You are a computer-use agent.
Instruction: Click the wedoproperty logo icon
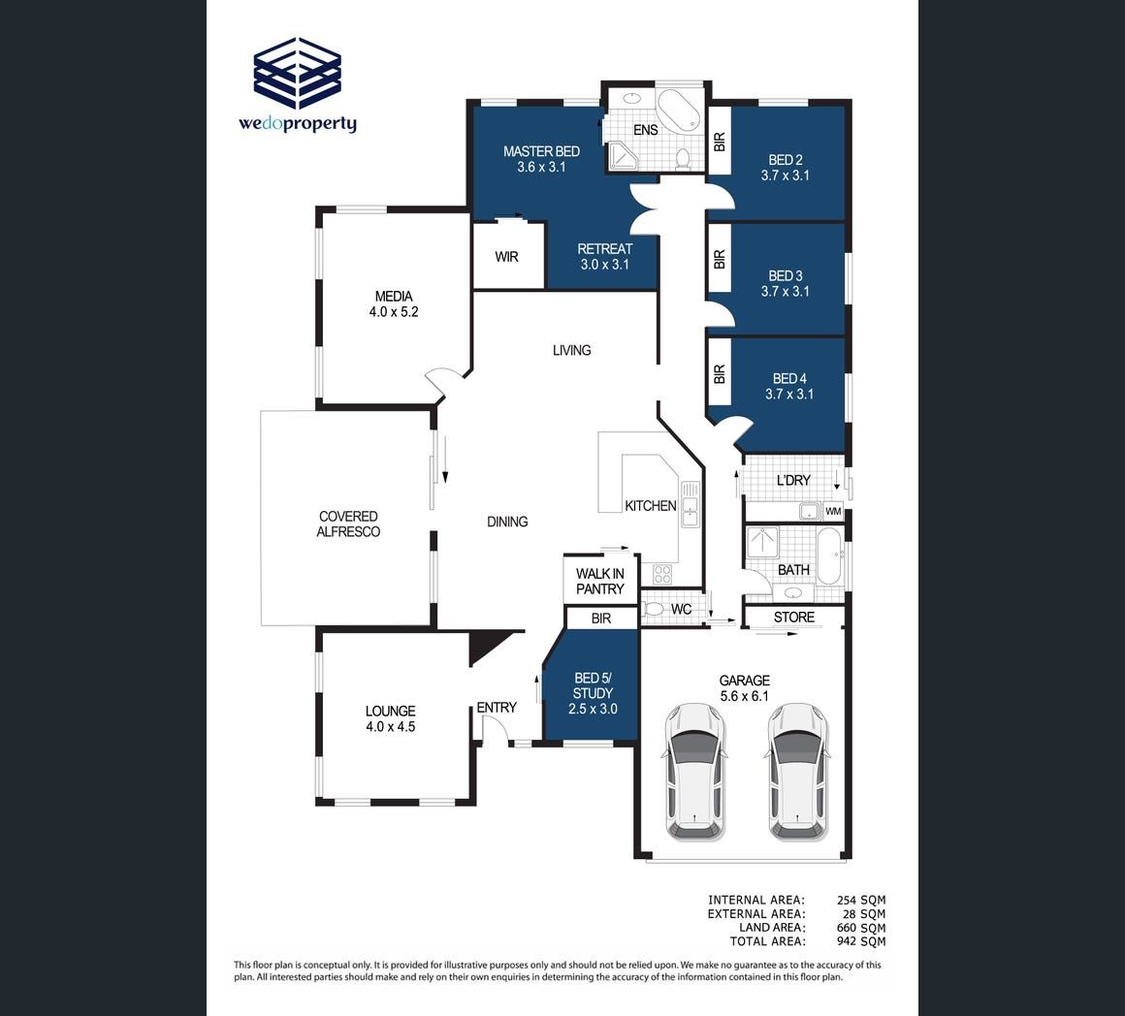[x=297, y=73]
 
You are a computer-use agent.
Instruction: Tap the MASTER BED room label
[x=542, y=151]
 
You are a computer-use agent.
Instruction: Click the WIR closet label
[x=506, y=257]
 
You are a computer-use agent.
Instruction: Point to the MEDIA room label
[x=394, y=296]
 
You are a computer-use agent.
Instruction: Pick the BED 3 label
[x=786, y=276]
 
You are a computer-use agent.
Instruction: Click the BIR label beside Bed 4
[x=720, y=373]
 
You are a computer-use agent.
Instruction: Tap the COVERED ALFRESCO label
[x=349, y=524]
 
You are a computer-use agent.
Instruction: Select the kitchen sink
[x=690, y=504]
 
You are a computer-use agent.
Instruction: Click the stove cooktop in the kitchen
[x=662, y=574]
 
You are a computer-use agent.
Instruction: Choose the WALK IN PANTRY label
[x=599, y=582]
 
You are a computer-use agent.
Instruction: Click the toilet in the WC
[x=653, y=610]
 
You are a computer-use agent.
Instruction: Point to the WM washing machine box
[x=833, y=511]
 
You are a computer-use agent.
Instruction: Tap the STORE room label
[x=794, y=618]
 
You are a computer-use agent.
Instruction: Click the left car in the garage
[x=693, y=772]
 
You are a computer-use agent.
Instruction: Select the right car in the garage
[x=798, y=772]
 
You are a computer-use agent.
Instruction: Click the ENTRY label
[x=497, y=708]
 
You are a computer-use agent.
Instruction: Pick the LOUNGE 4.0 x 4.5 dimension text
[x=390, y=726]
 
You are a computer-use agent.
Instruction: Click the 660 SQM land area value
[x=861, y=928]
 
